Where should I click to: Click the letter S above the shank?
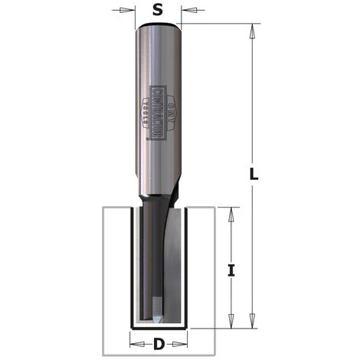point(157,11)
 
